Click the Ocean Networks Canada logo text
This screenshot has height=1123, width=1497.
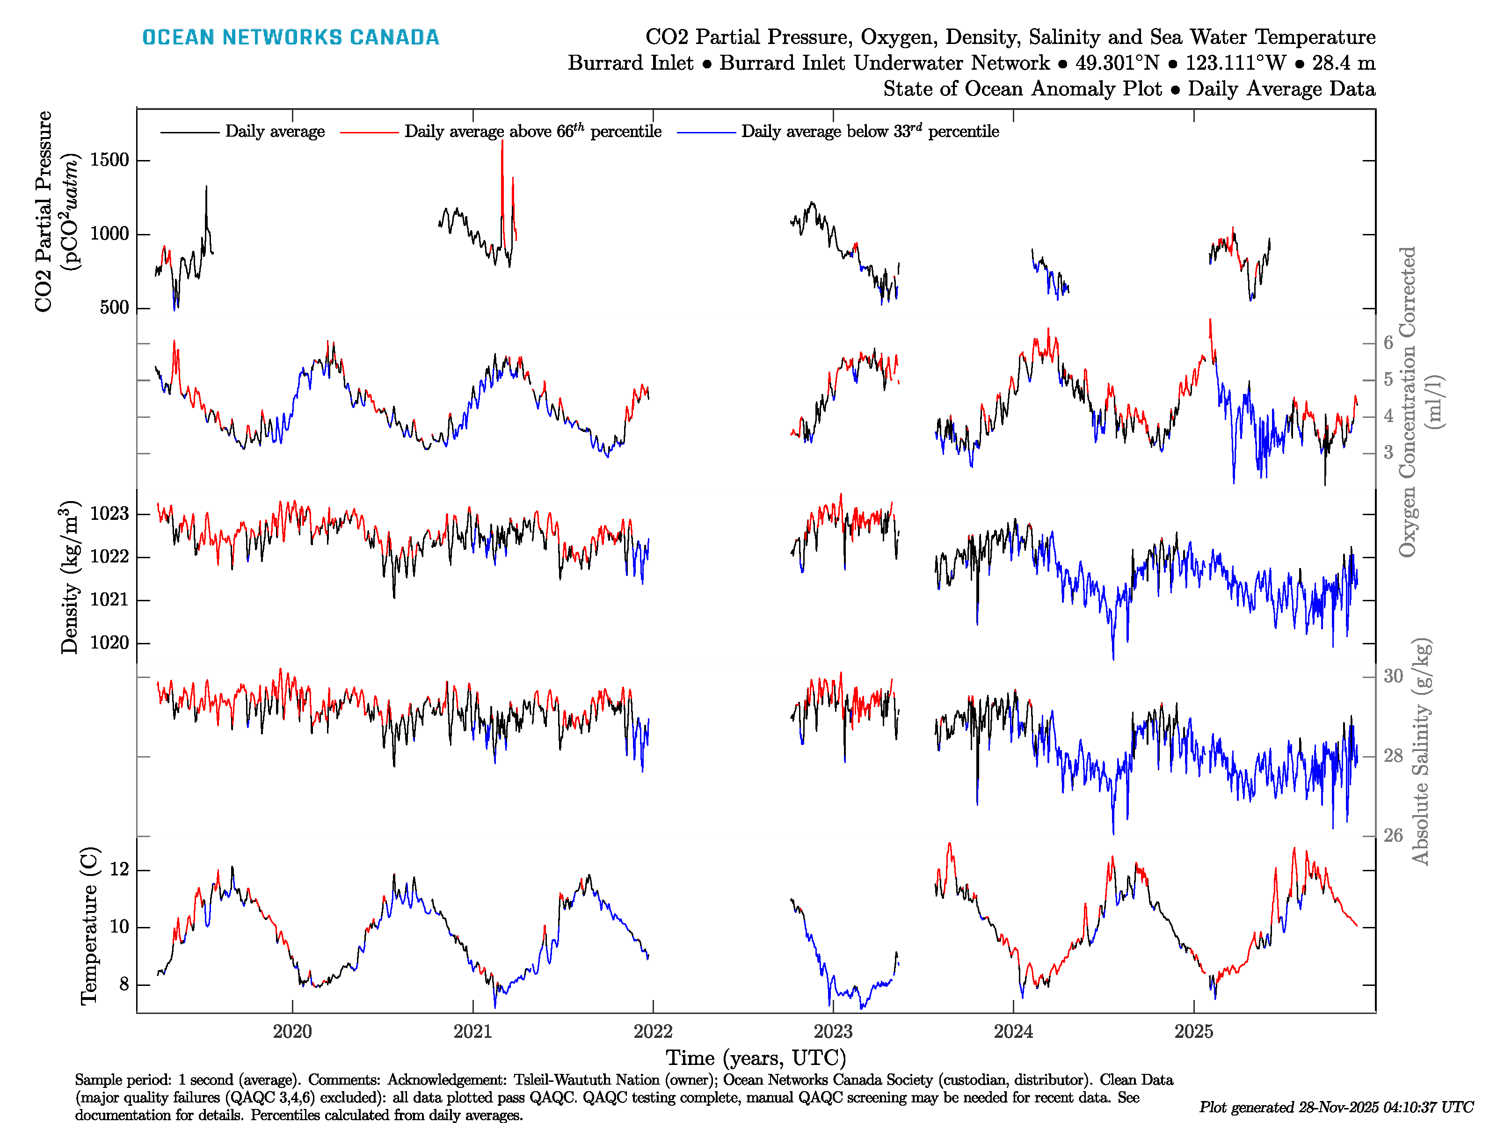[x=291, y=37]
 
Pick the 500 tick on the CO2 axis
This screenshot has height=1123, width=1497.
[x=114, y=307]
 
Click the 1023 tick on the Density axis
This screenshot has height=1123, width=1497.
[x=109, y=514]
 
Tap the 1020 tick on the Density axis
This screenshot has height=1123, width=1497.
[x=109, y=642]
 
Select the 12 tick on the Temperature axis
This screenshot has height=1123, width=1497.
[x=119, y=869]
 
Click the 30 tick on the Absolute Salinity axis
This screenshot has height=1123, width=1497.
[x=1393, y=676]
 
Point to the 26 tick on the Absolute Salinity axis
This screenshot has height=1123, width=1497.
[x=1393, y=835]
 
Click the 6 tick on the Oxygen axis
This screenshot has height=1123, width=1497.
[x=1388, y=343]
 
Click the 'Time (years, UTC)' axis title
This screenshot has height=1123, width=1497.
[x=756, y=1057]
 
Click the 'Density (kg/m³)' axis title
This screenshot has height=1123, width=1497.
[x=70, y=577]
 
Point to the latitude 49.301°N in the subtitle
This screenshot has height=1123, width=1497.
[x=1117, y=63]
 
